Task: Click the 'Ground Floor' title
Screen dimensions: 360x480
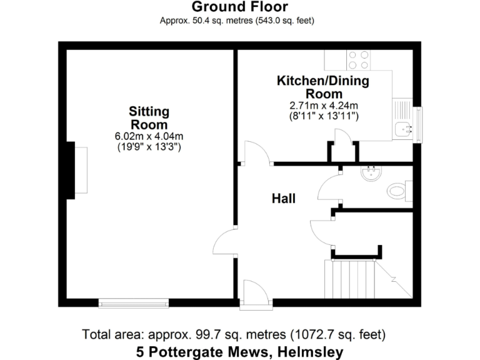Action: click(x=239, y=7)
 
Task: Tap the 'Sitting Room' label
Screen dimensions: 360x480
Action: click(x=149, y=117)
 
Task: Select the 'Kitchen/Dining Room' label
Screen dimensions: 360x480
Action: click(x=322, y=87)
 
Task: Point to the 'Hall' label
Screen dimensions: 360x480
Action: click(x=283, y=199)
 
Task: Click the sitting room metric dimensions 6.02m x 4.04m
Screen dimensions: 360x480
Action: click(x=149, y=136)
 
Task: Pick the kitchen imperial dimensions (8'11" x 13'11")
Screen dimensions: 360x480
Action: click(x=323, y=116)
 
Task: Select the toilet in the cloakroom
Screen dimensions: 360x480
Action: click(x=397, y=189)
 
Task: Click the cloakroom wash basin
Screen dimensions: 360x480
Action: click(x=372, y=172)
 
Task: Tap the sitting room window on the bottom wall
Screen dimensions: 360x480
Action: click(x=134, y=303)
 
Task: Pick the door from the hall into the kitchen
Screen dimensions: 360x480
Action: click(x=256, y=153)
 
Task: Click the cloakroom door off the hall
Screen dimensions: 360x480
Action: click(x=328, y=187)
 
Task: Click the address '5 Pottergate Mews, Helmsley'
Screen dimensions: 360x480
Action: click(x=239, y=352)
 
